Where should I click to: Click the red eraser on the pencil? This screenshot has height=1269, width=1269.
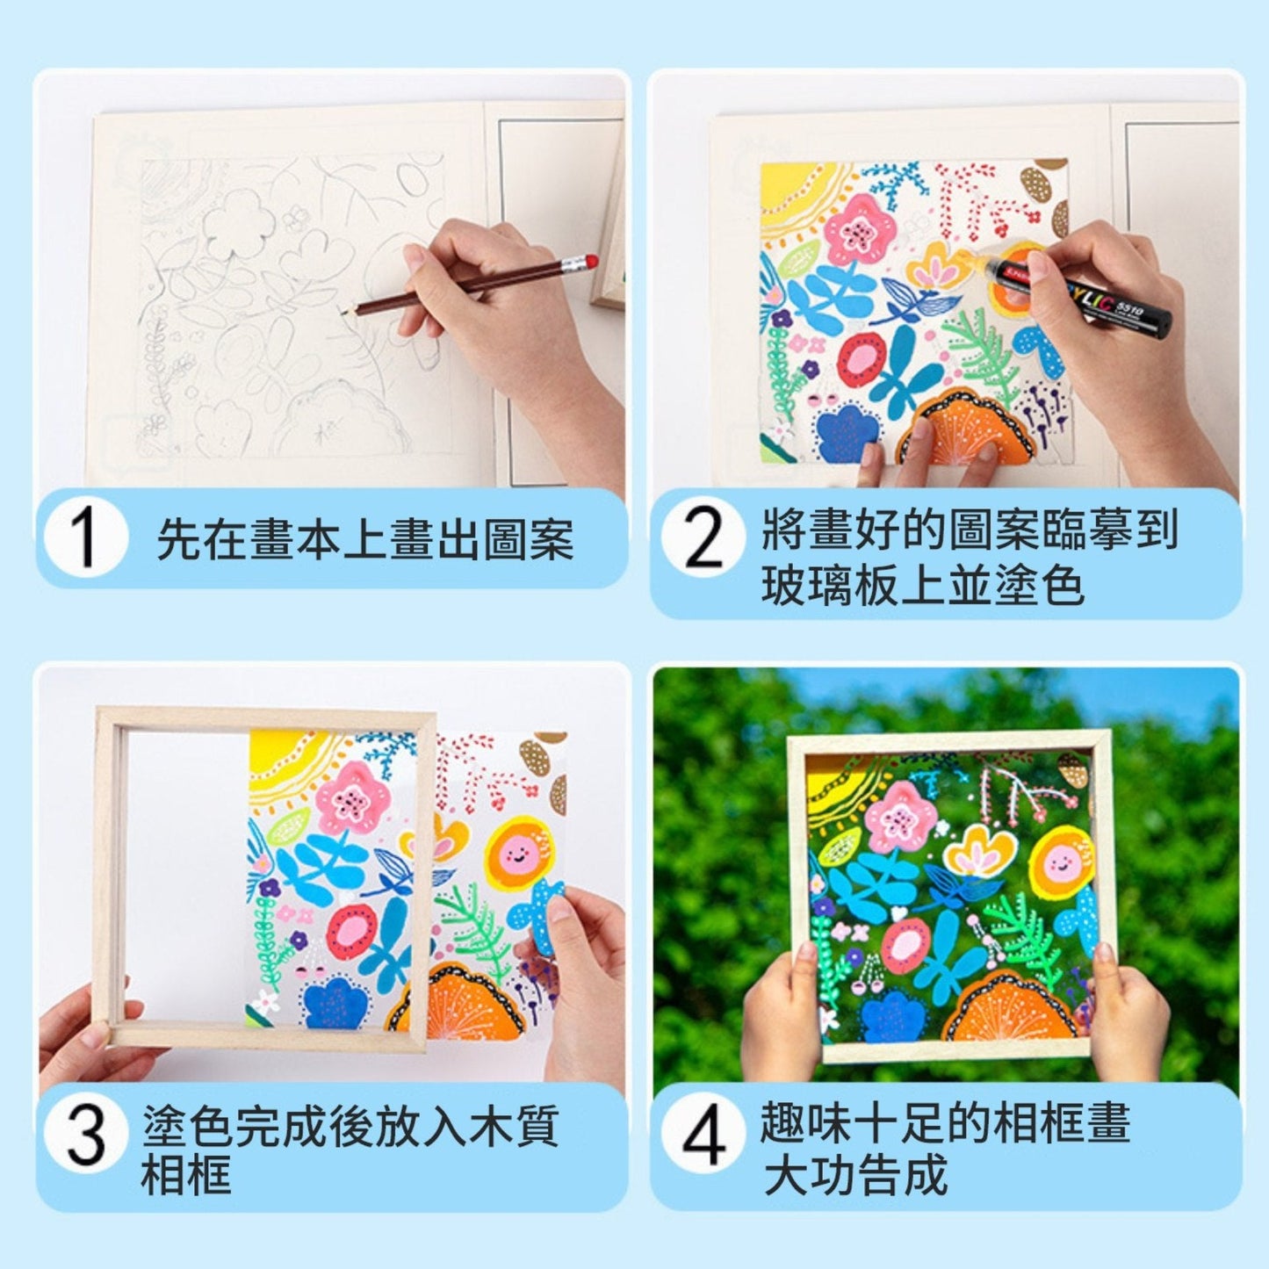[590, 261]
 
